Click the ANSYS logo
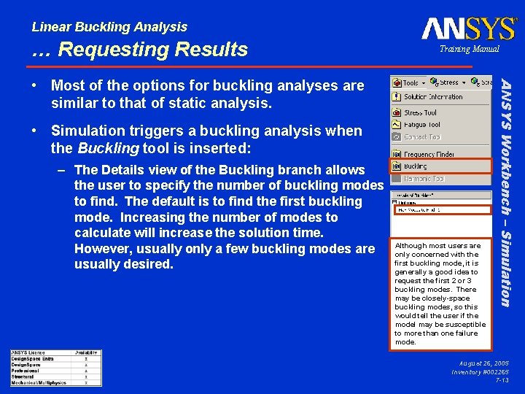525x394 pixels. coord(469,28)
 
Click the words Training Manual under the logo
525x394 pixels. coord(469,49)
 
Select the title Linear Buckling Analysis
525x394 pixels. coord(109,27)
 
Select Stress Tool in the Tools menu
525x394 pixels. coord(420,113)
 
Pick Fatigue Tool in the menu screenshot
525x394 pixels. coord(422,125)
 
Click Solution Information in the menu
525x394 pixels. coord(433,97)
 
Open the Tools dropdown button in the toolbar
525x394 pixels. coord(410,82)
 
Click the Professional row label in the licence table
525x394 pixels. coord(25,370)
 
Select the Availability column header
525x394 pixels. coord(86,353)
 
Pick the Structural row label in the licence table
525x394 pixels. coord(23,376)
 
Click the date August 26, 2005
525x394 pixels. coord(483,363)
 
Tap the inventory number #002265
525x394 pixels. coord(491,372)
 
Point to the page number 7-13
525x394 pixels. coord(502,380)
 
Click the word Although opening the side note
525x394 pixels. coord(410,246)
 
